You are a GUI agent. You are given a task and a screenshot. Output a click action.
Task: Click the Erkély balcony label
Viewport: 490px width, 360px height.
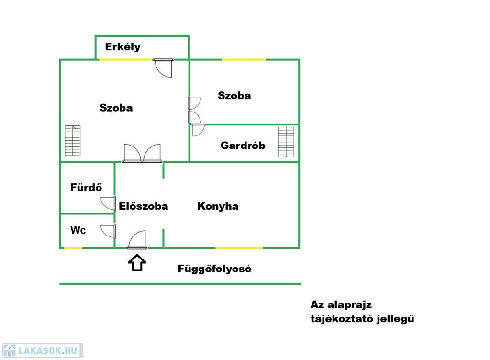pos(122,47)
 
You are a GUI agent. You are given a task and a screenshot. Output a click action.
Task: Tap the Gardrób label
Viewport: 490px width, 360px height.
pos(243,146)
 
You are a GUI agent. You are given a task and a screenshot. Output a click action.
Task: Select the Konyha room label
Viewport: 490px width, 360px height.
pos(218,206)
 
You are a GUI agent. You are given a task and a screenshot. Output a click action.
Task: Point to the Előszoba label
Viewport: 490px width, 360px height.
pos(144,206)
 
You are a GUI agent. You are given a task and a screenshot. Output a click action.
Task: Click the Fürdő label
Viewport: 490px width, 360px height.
pos(86,187)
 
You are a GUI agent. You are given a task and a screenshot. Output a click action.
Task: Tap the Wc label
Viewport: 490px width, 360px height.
pos(78,230)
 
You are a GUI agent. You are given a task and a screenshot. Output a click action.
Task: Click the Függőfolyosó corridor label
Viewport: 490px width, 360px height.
pos(214,269)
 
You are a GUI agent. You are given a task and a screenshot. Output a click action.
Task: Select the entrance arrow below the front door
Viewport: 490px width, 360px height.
pos(137,263)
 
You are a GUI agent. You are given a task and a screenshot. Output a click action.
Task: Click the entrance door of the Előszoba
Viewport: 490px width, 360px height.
pos(137,240)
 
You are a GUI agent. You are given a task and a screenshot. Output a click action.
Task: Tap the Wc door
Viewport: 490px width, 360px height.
pos(109,231)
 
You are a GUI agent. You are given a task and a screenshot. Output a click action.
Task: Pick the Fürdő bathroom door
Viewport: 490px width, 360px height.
pos(109,203)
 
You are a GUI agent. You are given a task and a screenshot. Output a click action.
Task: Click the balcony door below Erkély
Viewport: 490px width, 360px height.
pos(164,67)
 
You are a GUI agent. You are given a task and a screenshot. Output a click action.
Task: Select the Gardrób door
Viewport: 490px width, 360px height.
pos(198,130)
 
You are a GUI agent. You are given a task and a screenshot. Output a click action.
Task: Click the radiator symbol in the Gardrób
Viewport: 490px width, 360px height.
pos(286,142)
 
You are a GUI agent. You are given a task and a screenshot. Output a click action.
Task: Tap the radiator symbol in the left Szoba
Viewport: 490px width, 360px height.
pos(73,141)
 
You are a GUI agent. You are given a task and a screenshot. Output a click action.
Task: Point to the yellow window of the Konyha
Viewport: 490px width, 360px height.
pos(239,248)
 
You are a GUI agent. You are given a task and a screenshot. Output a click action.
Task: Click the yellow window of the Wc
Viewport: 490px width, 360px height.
pos(73,248)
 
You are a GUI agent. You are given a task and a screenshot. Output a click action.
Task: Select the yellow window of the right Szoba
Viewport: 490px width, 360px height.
pos(243,59)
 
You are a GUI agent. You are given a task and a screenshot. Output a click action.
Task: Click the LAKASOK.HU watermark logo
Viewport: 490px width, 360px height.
pos(42,350)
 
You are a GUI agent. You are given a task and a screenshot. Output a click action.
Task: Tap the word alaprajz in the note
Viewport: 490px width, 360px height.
pos(349,304)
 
